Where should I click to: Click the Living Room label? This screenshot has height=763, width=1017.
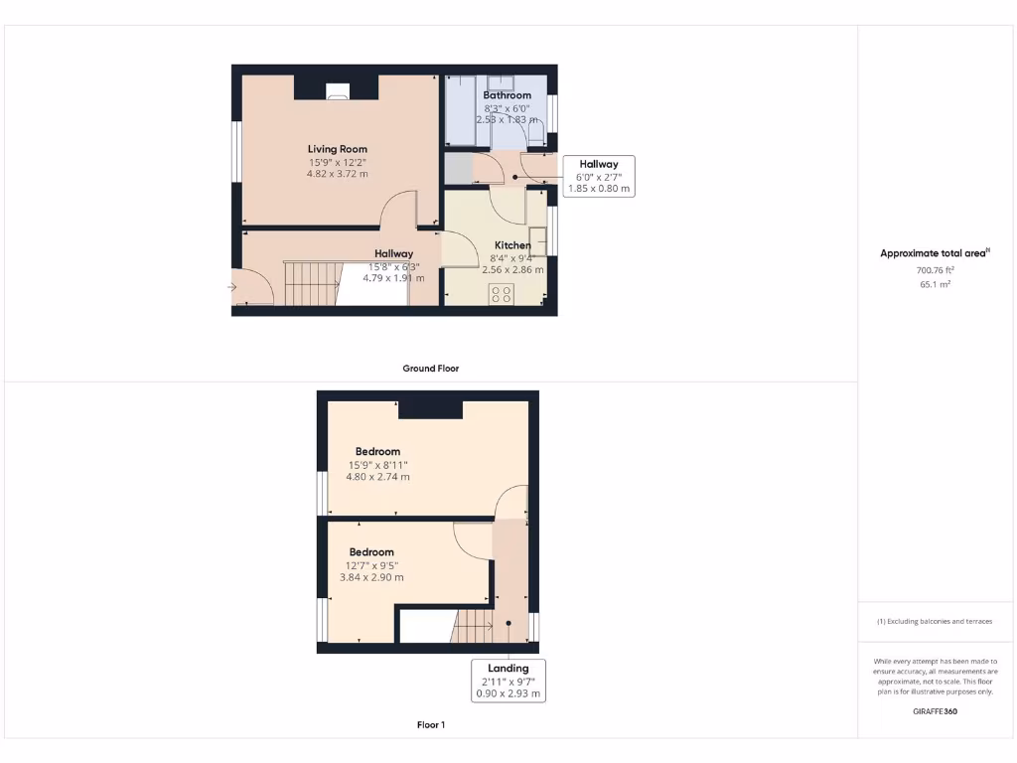coord(338,149)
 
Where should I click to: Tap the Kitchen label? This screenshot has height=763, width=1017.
coord(512,245)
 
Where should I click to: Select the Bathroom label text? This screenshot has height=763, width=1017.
coord(508,95)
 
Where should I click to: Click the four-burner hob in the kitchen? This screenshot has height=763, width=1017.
coord(501,294)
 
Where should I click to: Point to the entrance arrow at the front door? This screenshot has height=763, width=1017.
coord(232,288)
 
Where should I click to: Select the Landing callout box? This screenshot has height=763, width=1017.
coord(508,681)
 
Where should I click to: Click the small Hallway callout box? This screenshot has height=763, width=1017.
coord(599,176)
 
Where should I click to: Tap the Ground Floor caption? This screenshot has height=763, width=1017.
coord(430,369)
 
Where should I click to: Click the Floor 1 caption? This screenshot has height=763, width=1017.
coord(430,725)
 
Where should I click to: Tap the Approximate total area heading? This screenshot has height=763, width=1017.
coord(934,253)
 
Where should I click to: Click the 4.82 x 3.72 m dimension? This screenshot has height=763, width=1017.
coord(338,174)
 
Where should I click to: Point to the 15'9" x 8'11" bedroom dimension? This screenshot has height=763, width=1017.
coord(377,464)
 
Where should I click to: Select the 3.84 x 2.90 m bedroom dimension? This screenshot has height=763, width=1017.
coord(371,577)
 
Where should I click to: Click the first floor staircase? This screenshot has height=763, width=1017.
coord(475,626)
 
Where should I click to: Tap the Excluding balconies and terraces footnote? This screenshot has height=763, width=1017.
coord(934,622)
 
